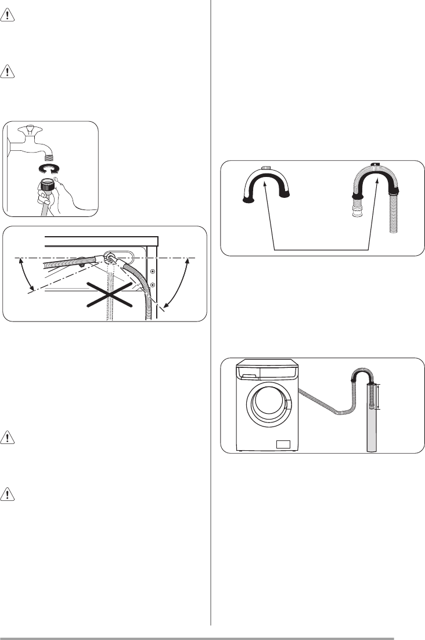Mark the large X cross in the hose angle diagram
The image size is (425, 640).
[107, 298]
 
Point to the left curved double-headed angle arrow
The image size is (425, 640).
[23, 276]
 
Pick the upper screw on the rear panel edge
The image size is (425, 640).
[152, 271]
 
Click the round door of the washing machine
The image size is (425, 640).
[269, 406]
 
